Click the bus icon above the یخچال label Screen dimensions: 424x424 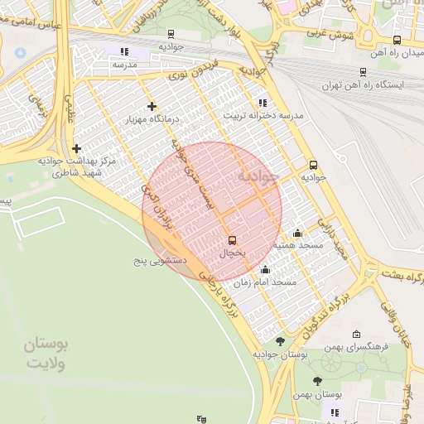[231, 240]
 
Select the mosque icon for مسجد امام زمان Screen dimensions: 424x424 [265, 269]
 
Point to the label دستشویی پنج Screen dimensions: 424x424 [161, 260]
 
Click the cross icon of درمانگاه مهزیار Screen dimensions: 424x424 [152, 106]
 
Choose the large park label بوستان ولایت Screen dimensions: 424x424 [46, 352]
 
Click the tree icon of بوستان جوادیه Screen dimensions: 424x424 [280, 341]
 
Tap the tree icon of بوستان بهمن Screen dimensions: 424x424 [318, 381]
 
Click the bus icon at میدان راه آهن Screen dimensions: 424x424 [397, 40]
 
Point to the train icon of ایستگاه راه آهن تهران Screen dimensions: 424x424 [364, 72]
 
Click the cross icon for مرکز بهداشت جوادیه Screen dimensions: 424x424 [76, 148]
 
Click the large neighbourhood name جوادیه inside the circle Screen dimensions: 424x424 [253, 178]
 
